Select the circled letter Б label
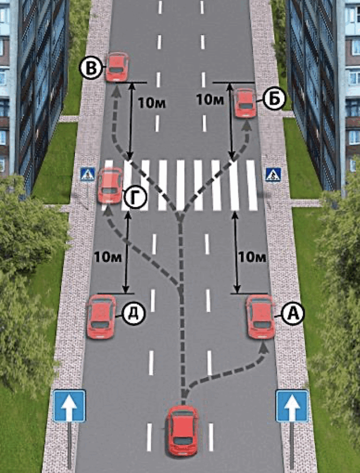point(273,100)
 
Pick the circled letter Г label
point(134,198)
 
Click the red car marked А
point(261,317)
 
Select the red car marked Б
point(245,102)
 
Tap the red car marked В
point(117,67)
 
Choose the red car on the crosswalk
point(110,185)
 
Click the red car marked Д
point(101,316)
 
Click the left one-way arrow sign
point(69,406)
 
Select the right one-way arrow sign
point(292,406)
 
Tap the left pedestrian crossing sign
point(88,175)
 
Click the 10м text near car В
point(152,103)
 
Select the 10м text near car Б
point(210,100)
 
